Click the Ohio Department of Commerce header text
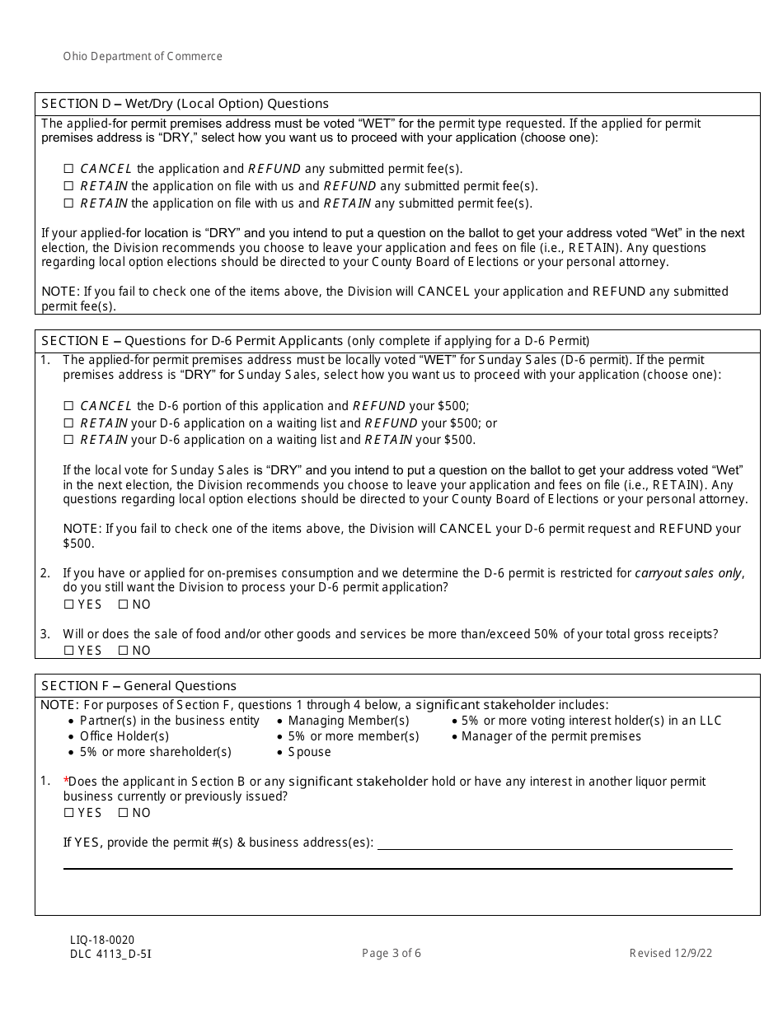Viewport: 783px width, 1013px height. (x=143, y=57)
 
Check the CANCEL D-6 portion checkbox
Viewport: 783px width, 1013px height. (x=69, y=406)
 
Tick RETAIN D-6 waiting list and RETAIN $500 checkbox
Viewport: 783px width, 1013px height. (x=69, y=441)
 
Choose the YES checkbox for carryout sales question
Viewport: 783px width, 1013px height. (x=69, y=605)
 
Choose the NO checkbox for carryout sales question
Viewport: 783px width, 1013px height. (x=124, y=605)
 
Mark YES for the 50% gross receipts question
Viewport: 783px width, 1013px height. (x=69, y=651)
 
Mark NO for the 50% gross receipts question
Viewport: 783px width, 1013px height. (x=124, y=651)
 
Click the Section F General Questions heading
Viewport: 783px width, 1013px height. (x=138, y=686)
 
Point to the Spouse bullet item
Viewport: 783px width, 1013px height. (x=309, y=752)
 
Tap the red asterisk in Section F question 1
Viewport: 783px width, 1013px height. (x=66, y=779)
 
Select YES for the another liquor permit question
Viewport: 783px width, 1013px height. (x=69, y=813)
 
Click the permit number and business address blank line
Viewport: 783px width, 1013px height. (x=554, y=843)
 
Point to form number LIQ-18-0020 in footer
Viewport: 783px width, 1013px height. (x=102, y=940)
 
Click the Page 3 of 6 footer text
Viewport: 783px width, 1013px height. (x=391, y=954)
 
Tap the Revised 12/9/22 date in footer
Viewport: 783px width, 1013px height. (x=670, y=954)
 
